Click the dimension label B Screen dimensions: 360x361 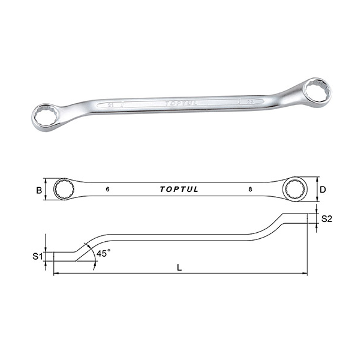click(38, 190)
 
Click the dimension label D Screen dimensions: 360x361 click(323, 190)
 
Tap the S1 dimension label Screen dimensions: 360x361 click(37, 256)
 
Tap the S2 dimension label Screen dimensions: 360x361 click(326, 219)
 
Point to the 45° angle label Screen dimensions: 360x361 click(103, 254)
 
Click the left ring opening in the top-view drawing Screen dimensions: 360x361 click(64, 190)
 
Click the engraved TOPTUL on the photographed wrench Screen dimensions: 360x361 click(180, 103)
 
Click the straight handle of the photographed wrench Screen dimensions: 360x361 click(180, 104)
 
